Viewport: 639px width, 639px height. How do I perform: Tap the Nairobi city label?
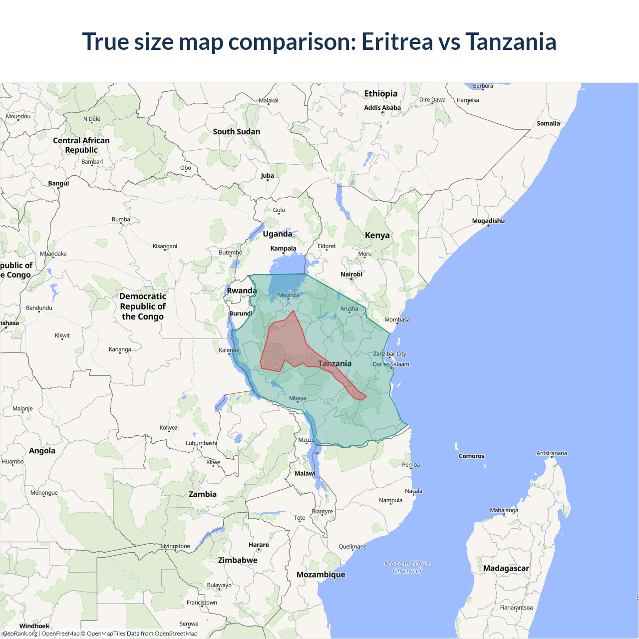[x=351, y=274]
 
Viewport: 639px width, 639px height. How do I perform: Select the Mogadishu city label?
[x=488, y=221]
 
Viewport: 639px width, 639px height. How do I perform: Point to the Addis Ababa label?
[x=382, y=107]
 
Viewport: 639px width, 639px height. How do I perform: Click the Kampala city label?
[x=283, y=248]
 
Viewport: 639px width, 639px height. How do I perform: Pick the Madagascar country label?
[x=506, y=568]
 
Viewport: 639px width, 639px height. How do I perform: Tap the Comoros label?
[x=471, y=456]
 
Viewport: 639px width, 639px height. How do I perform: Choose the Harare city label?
[x=259, y=545]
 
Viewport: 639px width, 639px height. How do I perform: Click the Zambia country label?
[x=203, y=494]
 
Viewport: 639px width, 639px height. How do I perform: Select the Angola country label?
[x=42, y=450]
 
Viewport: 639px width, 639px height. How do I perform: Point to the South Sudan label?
[x=237, y=132]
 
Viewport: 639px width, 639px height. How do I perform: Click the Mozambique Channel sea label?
[x=407, y=567]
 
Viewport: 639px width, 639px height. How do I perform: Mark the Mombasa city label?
[x=397, y=319]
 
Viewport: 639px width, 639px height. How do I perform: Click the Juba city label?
[x=267, y=175]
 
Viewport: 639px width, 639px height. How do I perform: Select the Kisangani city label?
[x=165, y=246]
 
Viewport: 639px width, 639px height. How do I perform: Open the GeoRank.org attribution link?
[x=20, y=634]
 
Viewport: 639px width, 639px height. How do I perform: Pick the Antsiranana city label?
[x=552, y=453]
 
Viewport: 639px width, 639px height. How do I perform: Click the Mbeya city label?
[x=298, y=398]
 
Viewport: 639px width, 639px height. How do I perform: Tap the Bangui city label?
[x=58, y=183]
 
